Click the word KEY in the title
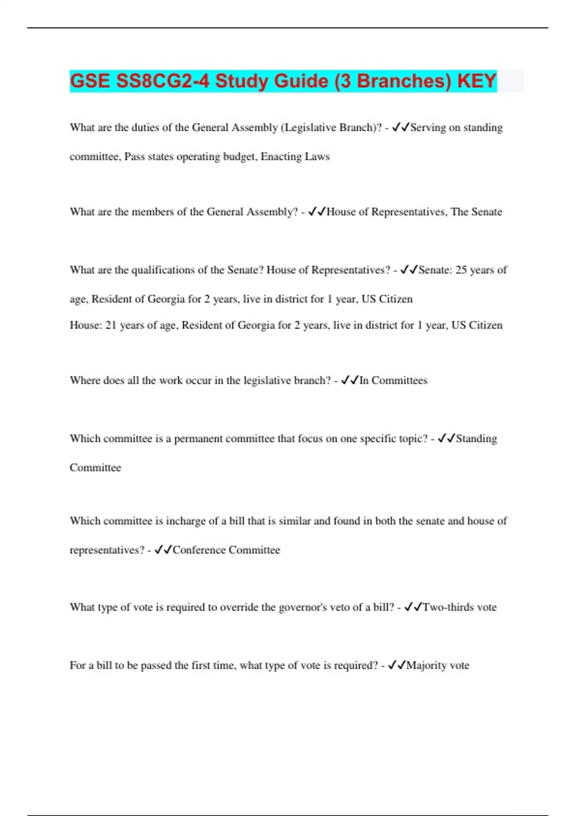click(x=477, y=81)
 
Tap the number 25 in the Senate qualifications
click(x=461, y=270)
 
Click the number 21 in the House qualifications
click(x=111, y=325)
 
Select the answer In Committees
click(x=393, y=380)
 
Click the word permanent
click(x=198, y=438)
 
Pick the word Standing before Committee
click(x=476, y=438)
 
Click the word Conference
click(x=199, y=550)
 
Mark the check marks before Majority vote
click(x=396, y=665)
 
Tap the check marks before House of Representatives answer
click(x=317, y=212)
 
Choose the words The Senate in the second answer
click(x=476, y=212)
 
